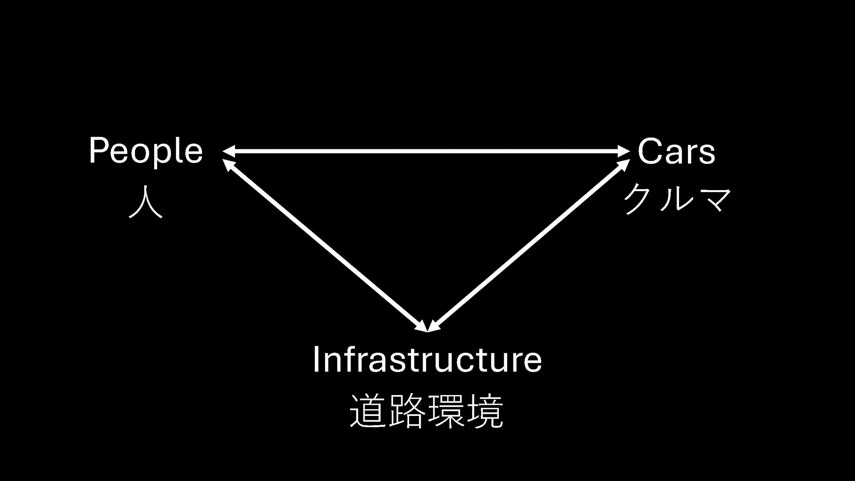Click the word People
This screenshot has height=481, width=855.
pyautogui.click(x=146, y=151)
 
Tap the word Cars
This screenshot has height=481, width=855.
pyautogui.click(x=676, y=151)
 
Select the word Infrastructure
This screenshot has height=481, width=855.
pyautogui.click(x=427, y=359)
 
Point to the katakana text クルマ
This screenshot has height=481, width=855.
pyautogui.click(x=677, y=199)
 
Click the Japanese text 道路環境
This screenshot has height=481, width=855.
pyautogui.click(x=427, y=411)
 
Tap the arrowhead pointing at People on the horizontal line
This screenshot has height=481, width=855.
pyautogui.click(x=228, y=151)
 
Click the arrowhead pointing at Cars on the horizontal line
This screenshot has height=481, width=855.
pyautogui.click(x=624, y=151)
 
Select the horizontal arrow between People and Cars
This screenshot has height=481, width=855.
pyautogui.click(x=427, y=151)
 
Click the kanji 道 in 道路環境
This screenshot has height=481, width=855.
pyautogui.click(x=368, y=411)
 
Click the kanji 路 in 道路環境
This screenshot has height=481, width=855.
pyautogui.click(x=407, y=411)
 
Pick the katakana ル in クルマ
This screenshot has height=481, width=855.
pyautogui.click(x=676, y=199)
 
